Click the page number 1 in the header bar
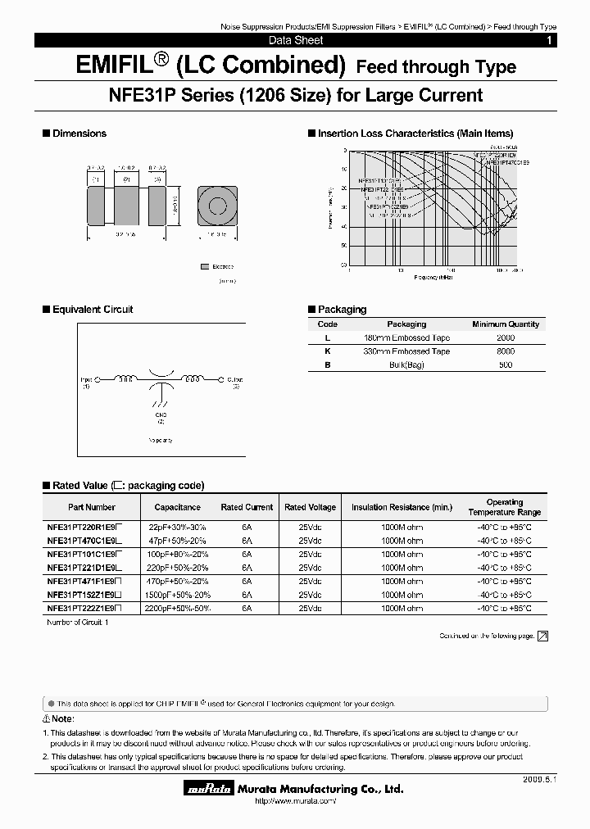pyautogui.click(x=548, y=40)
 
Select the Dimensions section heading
pyautogui.click(x=79, y=134)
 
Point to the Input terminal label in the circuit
pyautogui.click(x=86, y=380)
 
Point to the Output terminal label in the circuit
pyautogui.click(x=234, y=380)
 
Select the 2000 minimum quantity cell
pyautogui.click(x=506, y=337)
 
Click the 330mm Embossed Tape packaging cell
pyautogui.click(x=406, y=351)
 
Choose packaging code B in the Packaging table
pyautogui.click(x=328, y=365)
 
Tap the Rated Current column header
pyautogui.click(x=247, y=507)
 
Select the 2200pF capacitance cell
pyautogui.click(x=177, y=609)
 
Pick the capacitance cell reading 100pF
pyautogui.click(x=177, y=555)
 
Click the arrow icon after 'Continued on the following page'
pyautogui.click(x=542, y=636)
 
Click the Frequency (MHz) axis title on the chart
pyautogui.click(x=433, y=278)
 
